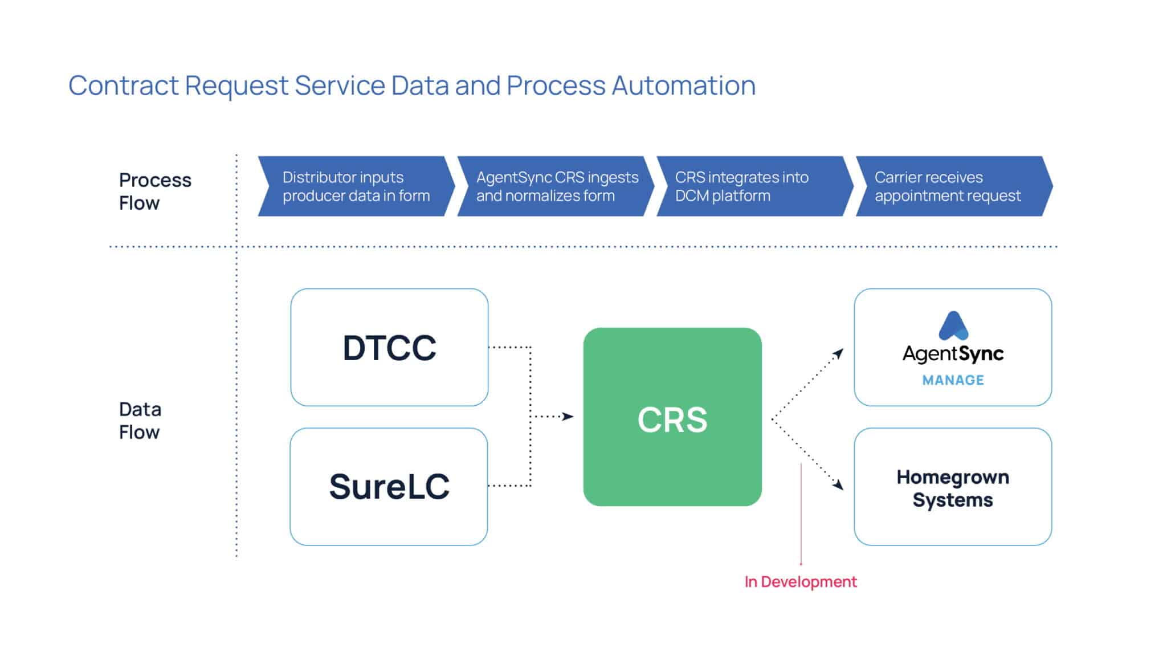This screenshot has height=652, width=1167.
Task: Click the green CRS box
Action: (672, 417)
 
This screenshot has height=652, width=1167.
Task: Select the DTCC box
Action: (389, 347)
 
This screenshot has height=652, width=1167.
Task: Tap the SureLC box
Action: (389, 486)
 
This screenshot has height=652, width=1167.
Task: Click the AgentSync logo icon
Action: (953, 326)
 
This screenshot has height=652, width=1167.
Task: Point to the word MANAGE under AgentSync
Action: (953, 380)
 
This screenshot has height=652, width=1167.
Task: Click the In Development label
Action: (800, 581)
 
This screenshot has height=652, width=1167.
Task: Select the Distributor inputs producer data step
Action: (356, 186)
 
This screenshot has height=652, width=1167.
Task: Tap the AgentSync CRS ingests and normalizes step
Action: (556, 186)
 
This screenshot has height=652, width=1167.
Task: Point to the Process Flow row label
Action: (154, 191)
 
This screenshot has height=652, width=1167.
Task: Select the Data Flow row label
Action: (140, 421)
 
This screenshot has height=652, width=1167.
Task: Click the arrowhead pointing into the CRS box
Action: (568, 417)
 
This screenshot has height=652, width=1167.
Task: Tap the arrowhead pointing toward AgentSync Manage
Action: (838, 354)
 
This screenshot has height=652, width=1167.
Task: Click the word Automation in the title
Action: (683, 85)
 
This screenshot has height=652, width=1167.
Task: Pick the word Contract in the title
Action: (124, 85)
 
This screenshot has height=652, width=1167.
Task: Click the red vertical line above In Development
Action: (801, 513)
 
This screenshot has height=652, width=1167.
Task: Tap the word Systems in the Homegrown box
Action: (953, 500)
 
